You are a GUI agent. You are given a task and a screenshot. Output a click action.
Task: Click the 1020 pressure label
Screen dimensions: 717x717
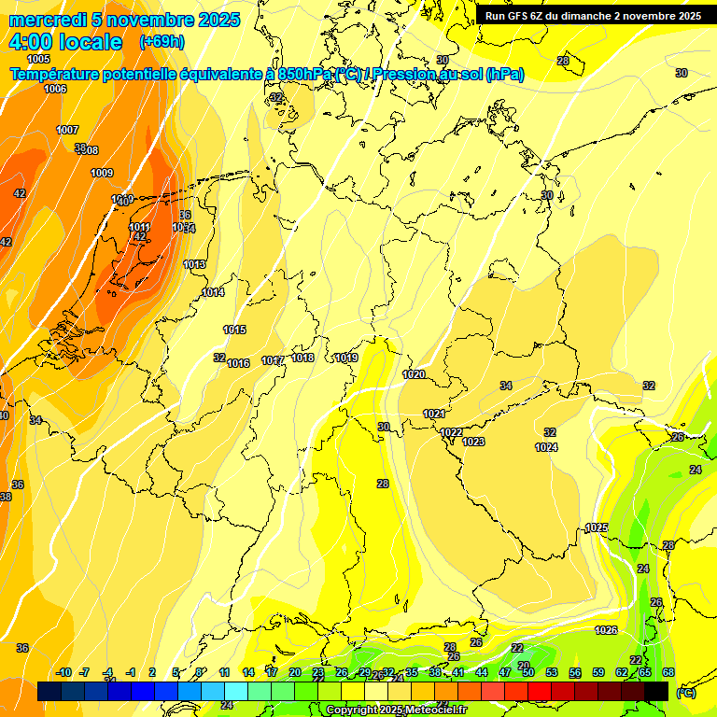[414, 374]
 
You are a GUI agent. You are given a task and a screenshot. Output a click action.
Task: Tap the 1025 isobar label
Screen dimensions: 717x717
[597, 527]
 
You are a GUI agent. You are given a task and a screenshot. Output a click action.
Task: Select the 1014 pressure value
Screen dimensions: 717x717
[213, 292]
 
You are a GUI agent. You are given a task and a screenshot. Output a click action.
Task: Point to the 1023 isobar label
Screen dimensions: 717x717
[473, 442]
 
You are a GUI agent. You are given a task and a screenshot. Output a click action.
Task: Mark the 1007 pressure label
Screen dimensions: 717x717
[67, 130]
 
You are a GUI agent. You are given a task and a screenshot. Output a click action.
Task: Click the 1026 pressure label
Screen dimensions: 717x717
[606, 630]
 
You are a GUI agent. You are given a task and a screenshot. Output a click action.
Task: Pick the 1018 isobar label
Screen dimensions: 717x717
[302, 358]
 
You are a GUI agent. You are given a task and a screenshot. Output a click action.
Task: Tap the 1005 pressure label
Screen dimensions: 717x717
[39, 59]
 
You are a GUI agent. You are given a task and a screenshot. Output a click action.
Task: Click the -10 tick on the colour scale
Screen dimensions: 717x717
[63, 672]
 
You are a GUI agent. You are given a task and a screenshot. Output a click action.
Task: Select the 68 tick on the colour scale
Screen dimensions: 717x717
[668, 672]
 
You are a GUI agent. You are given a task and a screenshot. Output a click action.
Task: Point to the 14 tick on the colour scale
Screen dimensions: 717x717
[248, 672]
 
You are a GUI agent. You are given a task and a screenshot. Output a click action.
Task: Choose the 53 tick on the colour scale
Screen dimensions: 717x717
[552, 672]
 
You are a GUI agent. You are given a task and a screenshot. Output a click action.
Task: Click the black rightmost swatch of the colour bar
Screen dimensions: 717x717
[656, 691]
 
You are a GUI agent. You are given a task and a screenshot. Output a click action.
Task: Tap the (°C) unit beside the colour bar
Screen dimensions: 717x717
[686, 693]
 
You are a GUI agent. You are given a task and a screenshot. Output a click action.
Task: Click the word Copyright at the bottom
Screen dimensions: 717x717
[352, 710]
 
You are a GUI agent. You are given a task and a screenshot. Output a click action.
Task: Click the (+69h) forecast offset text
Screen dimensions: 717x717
[162, 42]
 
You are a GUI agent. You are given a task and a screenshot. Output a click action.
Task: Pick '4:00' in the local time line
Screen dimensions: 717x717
[30, 42]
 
